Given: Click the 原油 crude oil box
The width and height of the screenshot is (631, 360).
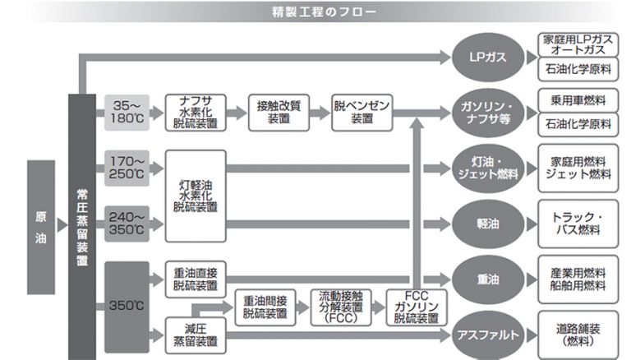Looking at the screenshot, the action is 40,227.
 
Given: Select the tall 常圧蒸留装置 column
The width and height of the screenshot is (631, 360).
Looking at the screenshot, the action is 82,227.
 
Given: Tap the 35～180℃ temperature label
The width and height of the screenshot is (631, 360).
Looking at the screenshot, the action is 127,113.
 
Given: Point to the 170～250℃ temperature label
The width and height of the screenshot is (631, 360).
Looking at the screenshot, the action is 127,168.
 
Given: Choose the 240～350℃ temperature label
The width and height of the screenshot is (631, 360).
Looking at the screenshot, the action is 127,224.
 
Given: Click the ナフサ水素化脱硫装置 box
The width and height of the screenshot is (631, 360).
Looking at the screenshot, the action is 196,113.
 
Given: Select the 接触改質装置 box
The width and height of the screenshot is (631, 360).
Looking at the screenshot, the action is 279,113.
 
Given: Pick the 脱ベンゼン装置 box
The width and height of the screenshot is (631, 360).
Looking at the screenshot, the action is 362,113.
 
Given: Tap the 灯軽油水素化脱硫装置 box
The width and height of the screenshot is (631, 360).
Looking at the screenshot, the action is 196,196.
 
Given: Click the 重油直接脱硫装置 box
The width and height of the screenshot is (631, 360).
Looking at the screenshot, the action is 196,279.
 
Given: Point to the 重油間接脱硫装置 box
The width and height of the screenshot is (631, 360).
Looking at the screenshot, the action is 265,307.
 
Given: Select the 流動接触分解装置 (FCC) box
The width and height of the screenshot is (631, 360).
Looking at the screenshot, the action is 341,307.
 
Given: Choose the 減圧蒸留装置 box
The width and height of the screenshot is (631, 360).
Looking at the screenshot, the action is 196,335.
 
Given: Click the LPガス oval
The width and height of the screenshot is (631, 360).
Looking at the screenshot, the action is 488,58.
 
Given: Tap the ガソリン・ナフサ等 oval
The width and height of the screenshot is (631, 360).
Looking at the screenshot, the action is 488,113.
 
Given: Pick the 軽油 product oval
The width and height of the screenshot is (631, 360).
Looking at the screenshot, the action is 488,224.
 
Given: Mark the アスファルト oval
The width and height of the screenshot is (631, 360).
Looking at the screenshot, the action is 488,335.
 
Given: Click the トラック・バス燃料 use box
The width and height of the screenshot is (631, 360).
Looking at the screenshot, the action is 578,224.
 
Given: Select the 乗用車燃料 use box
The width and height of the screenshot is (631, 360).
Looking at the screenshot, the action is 578,100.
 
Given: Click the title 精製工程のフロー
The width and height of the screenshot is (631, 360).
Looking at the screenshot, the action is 324,12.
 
